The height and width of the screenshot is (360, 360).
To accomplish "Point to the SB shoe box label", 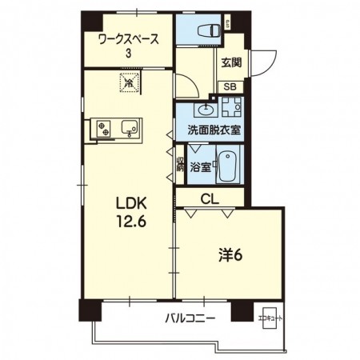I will (x=229, y=87).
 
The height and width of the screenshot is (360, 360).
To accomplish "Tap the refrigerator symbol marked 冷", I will (x=127, y=81).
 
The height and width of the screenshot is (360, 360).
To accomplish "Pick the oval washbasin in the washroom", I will (x=206, y=109).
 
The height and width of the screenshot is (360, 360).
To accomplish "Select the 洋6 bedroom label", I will (x=230, y=255).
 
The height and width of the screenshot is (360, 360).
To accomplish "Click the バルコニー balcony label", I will (x=190, y=318).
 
